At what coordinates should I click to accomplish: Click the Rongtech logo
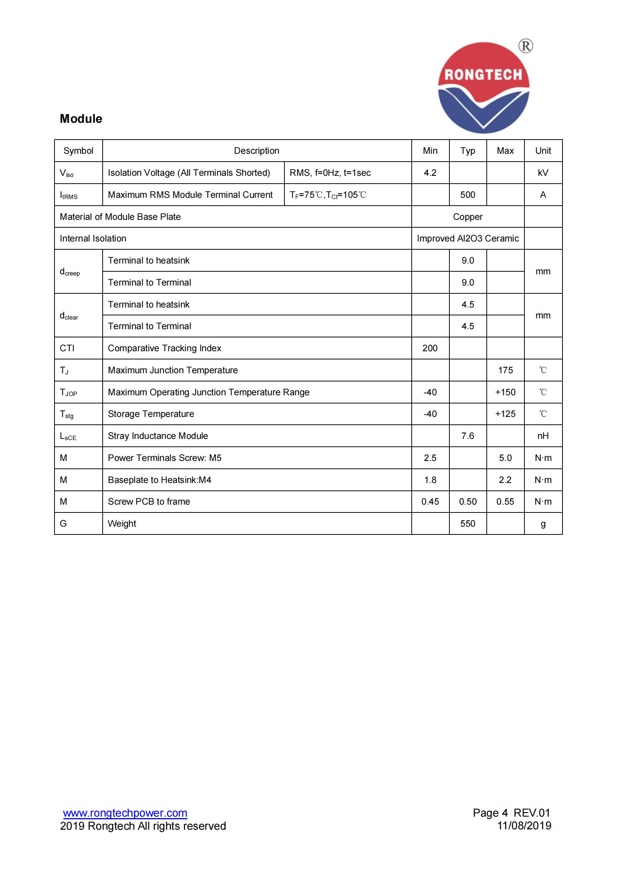[x=484, y=88]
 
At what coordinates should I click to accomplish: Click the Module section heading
[x=81, y=119]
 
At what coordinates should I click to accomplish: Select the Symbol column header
[x=78, y=151]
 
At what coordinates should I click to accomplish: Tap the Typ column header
[x=468, y=151]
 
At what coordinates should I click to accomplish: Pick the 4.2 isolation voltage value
[x=430, y=173]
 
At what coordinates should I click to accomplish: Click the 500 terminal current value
[x=468, y=195]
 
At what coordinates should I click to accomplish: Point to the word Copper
[x=468, y=217]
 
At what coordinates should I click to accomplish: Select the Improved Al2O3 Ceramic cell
[x=468, y=238]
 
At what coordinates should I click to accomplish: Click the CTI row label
[x=67, y=348]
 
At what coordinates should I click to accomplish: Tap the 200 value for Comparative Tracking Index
[x=430, y=348]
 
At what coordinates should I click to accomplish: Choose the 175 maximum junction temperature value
[x=505, y=370]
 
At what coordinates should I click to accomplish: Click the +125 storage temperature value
[x=505, y=414]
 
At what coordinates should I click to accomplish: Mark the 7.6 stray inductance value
[x=468, y=436]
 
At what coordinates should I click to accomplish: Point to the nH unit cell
[x=543, y=436]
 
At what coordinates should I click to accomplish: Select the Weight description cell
[x=122, y=524]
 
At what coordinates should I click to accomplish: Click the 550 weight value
[x=468, y=524]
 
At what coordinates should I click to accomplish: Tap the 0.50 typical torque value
[x=468, y=502]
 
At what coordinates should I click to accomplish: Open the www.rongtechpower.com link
[x=125, y=813]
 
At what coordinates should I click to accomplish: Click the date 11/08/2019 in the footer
[x=524, y=826]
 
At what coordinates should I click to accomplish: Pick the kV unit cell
[x=543, y=173]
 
